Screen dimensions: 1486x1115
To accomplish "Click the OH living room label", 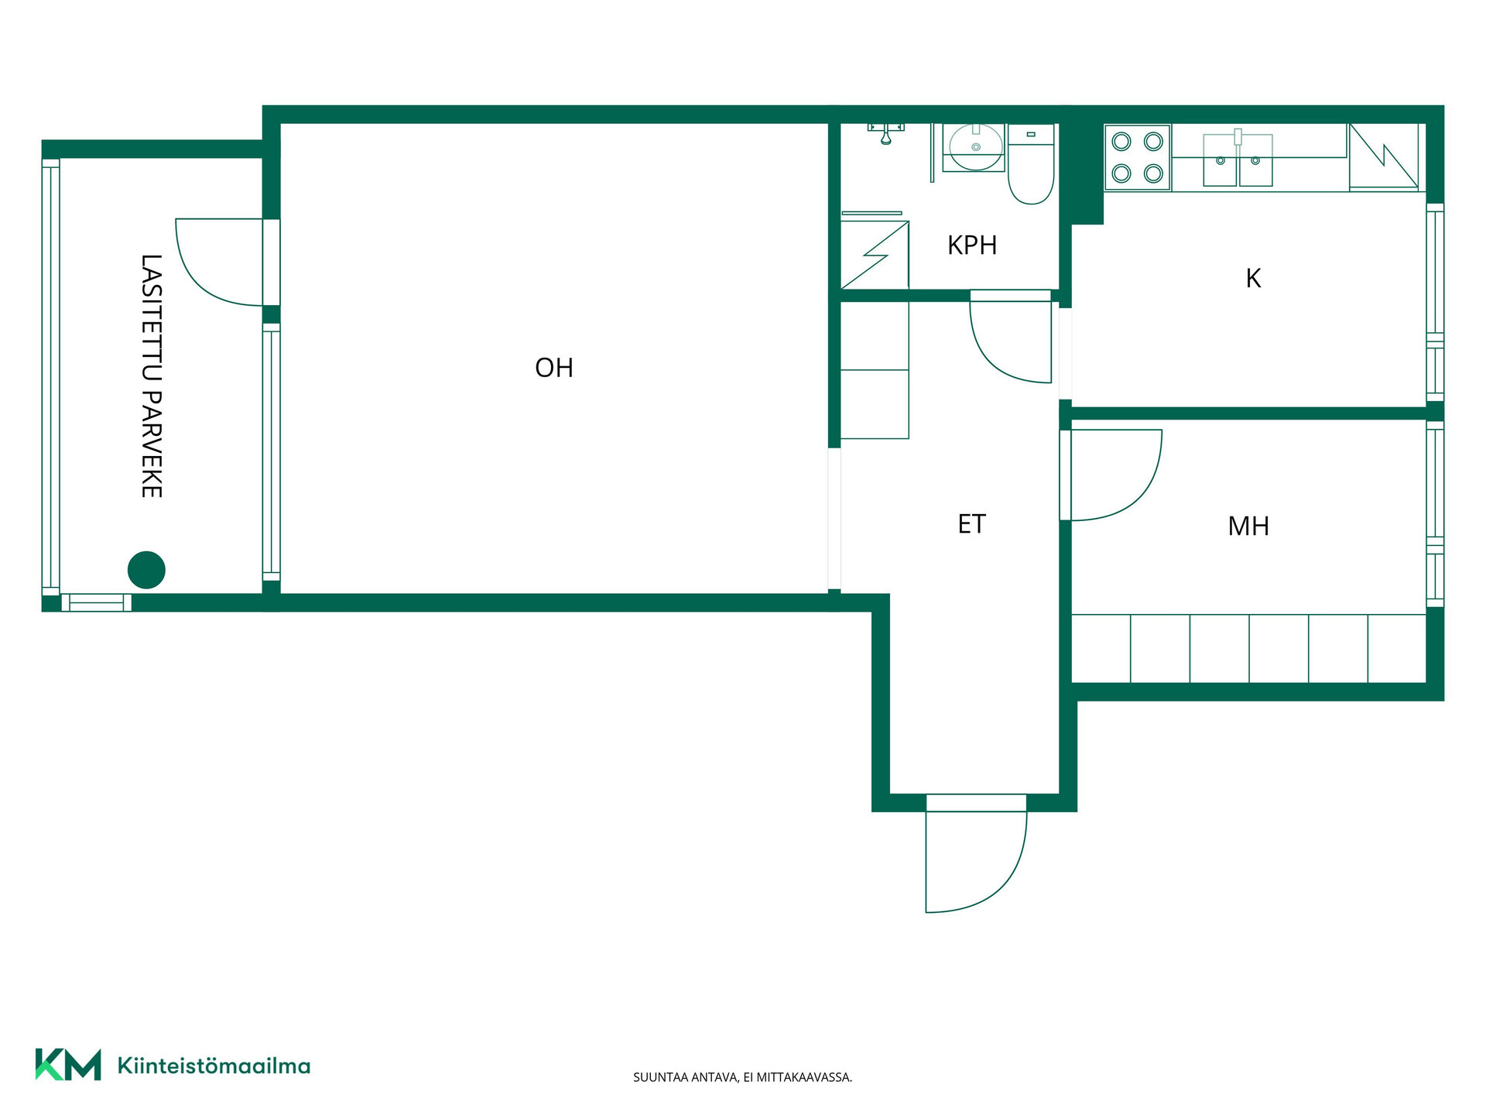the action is [554, 367].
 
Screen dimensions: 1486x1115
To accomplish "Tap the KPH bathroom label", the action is [972, 245].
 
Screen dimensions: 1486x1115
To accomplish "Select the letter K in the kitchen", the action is [1253, 278].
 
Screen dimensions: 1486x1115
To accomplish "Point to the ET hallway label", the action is [971, 524].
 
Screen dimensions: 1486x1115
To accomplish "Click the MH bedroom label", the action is [1248, 527].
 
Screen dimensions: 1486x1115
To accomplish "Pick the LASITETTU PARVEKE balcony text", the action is [151, 376].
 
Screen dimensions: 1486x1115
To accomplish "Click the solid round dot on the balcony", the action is [146, 570].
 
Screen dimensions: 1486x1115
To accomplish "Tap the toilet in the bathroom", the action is [1031, 164].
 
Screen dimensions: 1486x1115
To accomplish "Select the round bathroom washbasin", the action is [974, 147].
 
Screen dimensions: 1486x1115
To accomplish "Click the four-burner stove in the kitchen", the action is [1138, 157].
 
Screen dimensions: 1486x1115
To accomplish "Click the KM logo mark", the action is [68, 1065].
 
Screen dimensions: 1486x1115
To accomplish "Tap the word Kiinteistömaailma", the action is [214, 1066].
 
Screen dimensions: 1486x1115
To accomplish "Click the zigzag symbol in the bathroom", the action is [875, 255].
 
